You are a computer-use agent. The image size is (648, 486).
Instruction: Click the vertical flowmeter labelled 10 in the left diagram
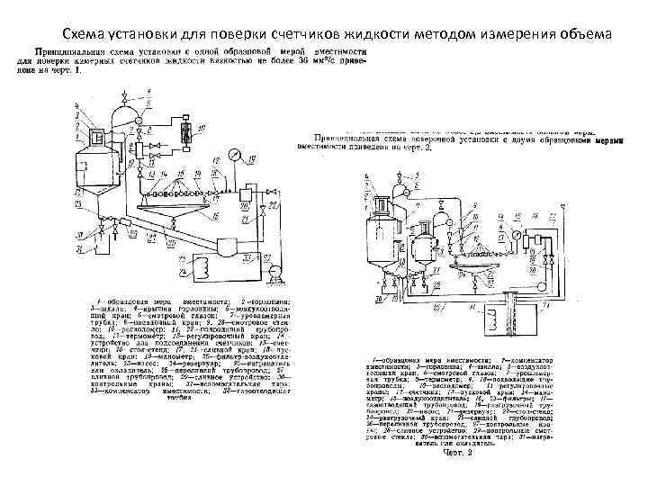click(184, 129)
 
